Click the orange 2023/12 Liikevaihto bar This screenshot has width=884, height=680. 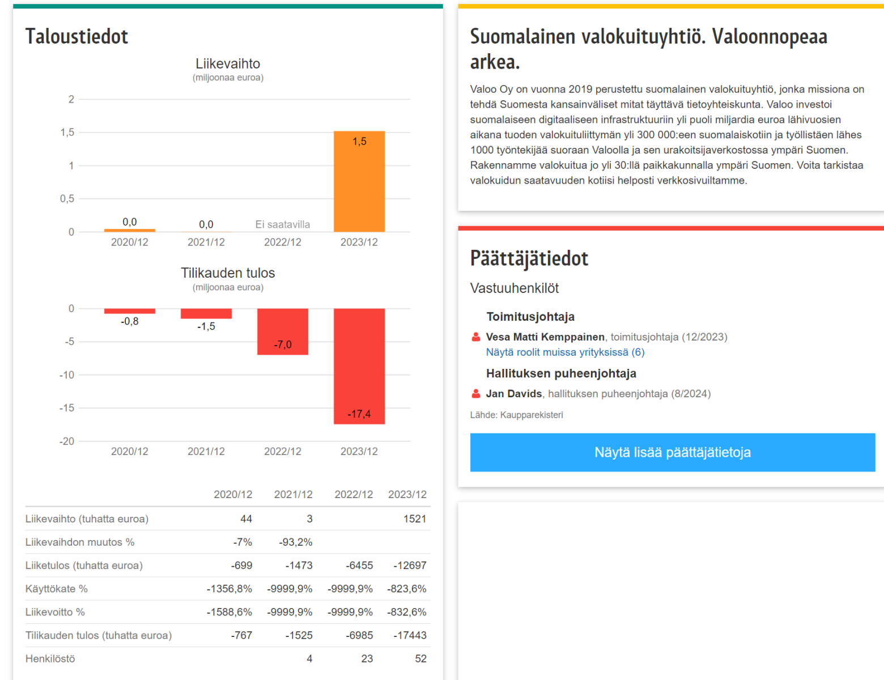click(359, 181)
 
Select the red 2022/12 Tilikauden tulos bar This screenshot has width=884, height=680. click(282, 331)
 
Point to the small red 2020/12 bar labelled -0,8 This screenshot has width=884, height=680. click(129, 311)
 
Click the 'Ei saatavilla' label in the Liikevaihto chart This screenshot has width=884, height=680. click(282, 224)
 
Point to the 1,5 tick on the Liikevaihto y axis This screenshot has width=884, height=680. click(67, 132)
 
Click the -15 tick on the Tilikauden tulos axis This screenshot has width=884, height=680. click(67, 408)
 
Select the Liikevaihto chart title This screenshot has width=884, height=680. click(228, 63)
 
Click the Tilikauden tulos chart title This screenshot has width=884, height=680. click(228, 273)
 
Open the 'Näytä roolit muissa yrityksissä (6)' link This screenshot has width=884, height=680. click(565, 352)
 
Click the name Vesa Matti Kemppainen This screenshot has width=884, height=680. click(545, 337)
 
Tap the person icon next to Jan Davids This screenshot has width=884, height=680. click(476, 393)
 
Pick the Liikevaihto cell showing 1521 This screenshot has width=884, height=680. click(414, 518)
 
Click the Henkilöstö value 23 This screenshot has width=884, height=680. click(367, 658)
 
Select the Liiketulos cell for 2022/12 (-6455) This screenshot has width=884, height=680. click(359, 565)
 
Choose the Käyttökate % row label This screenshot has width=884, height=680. click(57, 589)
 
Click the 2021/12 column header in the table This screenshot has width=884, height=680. click(293, 494)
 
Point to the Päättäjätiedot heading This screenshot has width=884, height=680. click(529, 258)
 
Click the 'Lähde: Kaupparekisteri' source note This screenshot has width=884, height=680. click(516, 415)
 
